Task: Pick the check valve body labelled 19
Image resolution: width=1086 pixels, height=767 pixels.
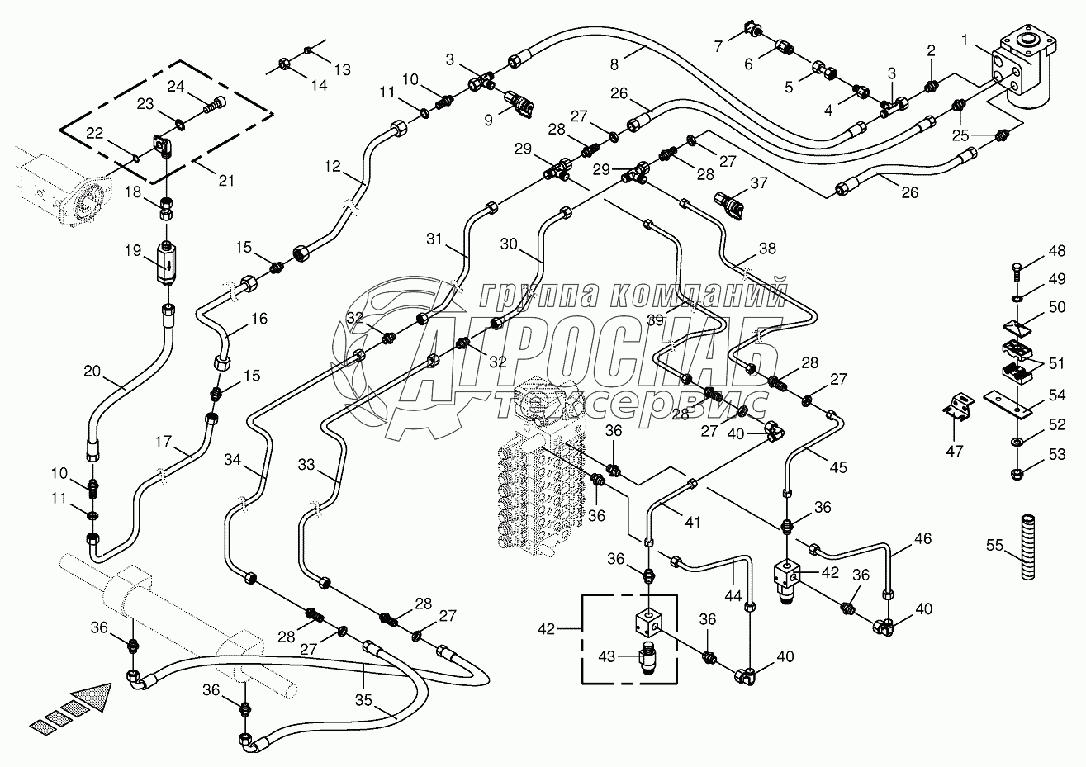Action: click(x=168, y=263)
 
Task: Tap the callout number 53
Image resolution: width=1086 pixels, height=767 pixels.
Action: click(x=1055, y=453)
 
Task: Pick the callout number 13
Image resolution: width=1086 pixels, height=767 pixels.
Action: click(x=342, y=69)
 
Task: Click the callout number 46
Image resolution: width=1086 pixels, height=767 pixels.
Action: click(x=922, y=539)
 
